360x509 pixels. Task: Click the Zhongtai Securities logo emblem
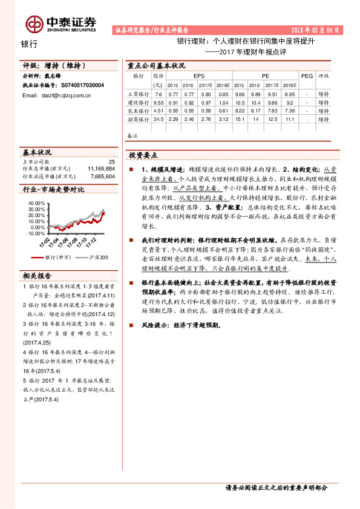tap(34, 23)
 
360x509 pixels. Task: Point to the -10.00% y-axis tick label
tap(36, 233)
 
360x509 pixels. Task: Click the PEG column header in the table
tap(307, 76)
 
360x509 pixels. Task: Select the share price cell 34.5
tap(159, 120)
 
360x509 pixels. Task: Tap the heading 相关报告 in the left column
tap(38, 276)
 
